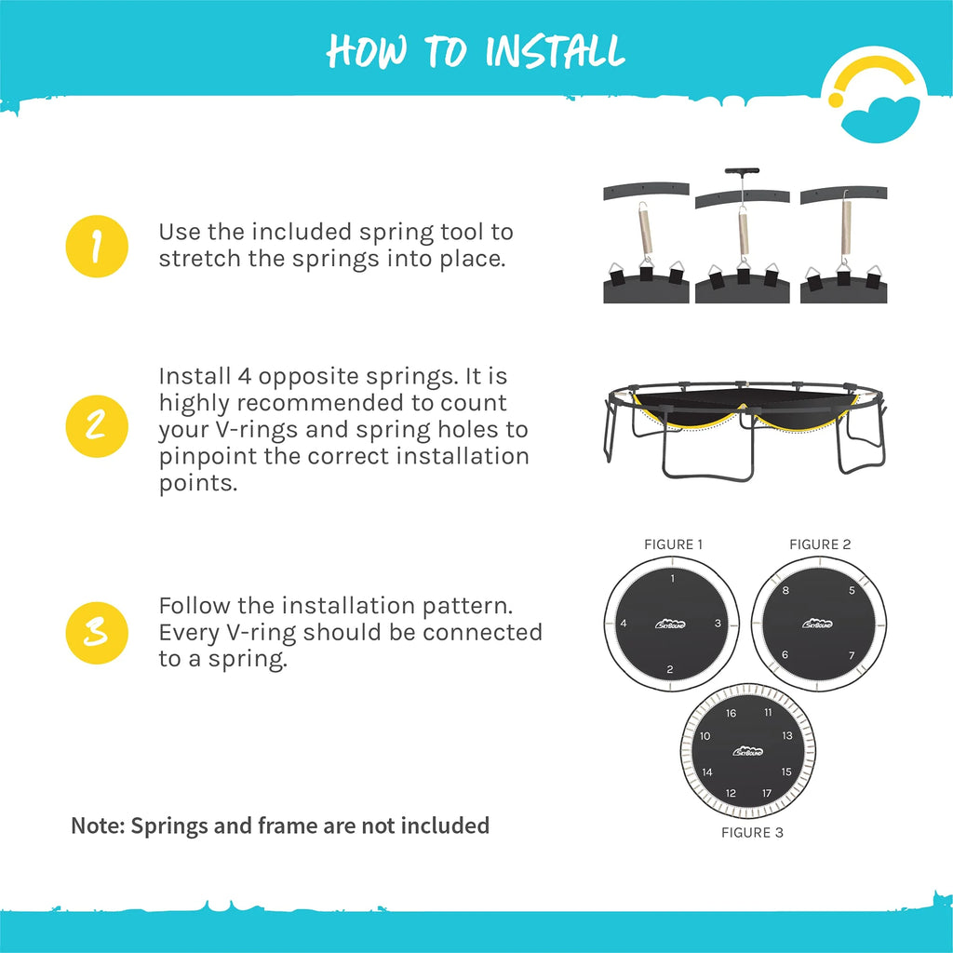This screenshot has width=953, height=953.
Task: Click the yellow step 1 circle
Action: click(x=97, y=246)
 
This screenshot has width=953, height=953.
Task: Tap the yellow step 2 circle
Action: click(x=97, y=426)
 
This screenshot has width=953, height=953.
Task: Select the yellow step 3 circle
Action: click(x=97, y=633)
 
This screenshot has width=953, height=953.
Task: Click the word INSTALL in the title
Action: click(x=555, y=51)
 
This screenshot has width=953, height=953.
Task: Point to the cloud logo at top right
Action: click(x=874, y=96)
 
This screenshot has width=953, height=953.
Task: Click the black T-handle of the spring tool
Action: click(x=742, y=171)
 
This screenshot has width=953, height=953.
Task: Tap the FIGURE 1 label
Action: click(x=673, y=544)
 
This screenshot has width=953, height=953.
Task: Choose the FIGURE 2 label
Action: click(x=820, y=544)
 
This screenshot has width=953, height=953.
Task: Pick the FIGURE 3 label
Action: click(x=752, y=833)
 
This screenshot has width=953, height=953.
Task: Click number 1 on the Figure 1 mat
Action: click(x=672, y=579)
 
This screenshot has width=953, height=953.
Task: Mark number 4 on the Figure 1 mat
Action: click(x=623, y=623)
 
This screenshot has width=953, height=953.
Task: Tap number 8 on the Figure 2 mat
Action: click(x=785, y=590)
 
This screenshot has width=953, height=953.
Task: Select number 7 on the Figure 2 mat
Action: click(x=852, y=655)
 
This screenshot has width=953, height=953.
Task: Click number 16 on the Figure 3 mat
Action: click(x=731, y=713)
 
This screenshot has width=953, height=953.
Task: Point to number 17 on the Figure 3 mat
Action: click(x=767, y=793)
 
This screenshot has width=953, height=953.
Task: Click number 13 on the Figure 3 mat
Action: click(x=787, y=735)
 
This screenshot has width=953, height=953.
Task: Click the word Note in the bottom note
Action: click(x=98, y=825)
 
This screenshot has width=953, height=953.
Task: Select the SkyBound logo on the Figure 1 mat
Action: click(x=670, y=624)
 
